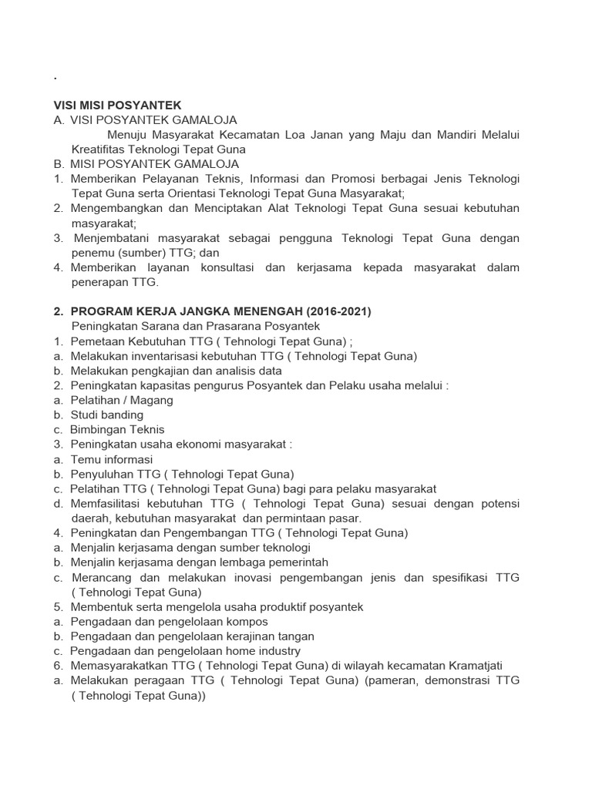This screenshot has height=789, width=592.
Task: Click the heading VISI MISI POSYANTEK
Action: pyautogui.click(x=117, y=105)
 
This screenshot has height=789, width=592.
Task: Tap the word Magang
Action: pyautogui.click(x=153, y=400)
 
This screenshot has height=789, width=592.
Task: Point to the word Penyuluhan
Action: pyautogui.click(x=102, y=474)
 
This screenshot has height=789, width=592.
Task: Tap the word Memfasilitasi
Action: pyautogui.click(x=110, y=503)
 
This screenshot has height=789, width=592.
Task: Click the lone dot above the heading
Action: pyautogui.click(x=55, y=79)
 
